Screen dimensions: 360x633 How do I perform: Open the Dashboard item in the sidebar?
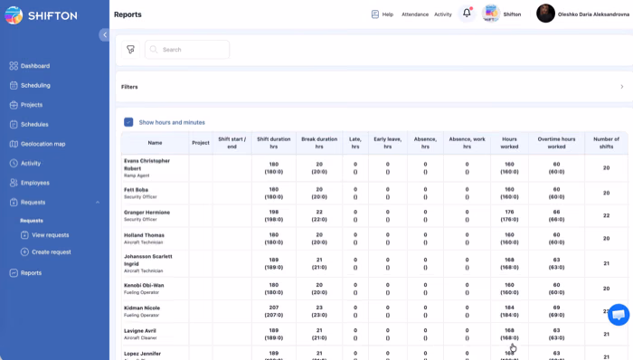[35, 66]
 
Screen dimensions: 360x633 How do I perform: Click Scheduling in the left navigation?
[35, 85]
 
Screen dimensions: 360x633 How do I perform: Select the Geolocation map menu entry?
[43, 144]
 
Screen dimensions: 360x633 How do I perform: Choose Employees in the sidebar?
[35, 183]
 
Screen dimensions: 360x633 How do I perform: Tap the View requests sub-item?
[51, 235]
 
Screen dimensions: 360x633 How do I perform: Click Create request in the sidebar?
[51, 251]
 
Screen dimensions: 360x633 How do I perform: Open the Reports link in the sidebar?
[31, 273]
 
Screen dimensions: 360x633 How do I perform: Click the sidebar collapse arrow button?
[104, 34]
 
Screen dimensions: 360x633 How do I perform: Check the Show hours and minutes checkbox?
[129, 122]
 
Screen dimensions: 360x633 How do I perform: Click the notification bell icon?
[467, 14]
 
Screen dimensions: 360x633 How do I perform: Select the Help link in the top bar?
[383, 14]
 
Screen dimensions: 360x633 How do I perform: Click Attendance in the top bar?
[415, 14]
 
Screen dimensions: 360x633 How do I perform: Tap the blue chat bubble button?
[619, 314]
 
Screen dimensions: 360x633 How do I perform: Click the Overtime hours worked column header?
[557, 142]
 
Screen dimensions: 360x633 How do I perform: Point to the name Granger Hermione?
[146, 211]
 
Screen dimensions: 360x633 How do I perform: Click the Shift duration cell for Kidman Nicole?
[274, 310]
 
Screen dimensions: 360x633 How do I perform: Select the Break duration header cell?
[319, 142]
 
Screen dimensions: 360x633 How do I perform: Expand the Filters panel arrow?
[621, 87]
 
